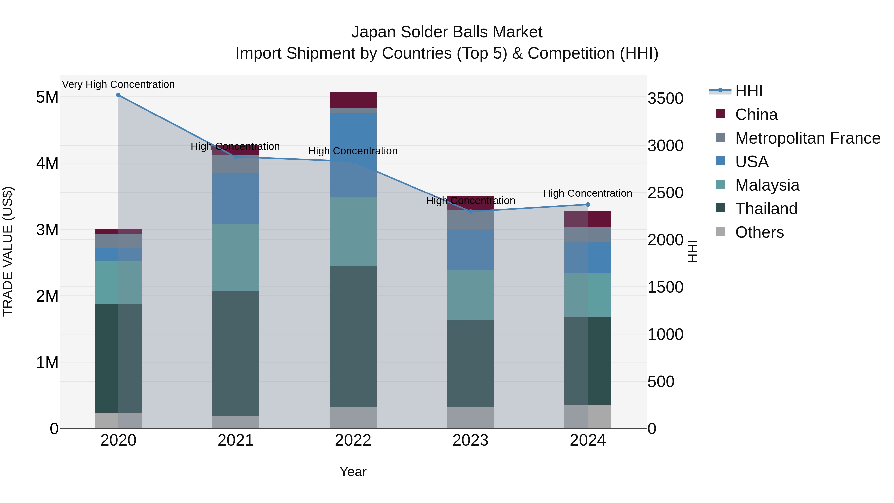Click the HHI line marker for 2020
[118, 95]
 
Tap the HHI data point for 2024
[588, 204]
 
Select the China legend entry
[756, 115]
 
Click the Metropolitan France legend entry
[807, 138]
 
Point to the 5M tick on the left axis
[47, 98]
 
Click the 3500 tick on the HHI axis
[665, 99]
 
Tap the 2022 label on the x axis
[353, 440]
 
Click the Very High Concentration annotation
[118, 85]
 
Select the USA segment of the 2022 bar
[353, 155]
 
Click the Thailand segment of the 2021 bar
[236, 353]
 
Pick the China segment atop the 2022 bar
[353, 100]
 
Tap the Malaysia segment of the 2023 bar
[470, 295]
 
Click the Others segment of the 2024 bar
[588, 416]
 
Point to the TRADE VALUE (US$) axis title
[8, 251]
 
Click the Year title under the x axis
[353, 472]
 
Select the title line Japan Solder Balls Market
[447, 32]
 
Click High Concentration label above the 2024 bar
[588, 193]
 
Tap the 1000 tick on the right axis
[665, 334]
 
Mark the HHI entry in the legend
[748, 91]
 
